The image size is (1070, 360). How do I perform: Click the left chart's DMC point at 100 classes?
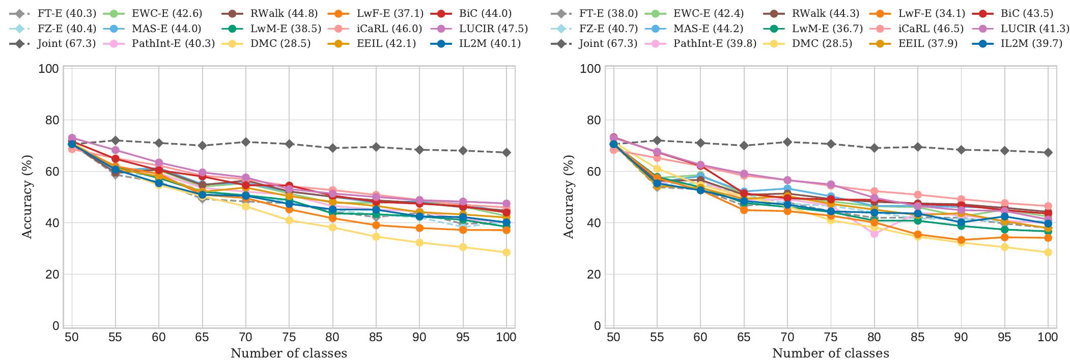[506, 253]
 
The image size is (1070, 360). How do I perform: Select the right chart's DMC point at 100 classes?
[1048, 253]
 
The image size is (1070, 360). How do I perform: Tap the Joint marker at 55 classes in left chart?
[115, 141]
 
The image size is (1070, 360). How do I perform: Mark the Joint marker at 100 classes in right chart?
[1048, 153]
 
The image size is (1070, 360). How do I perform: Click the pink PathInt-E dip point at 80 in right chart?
[874, 233]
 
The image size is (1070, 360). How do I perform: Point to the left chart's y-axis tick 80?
[52, 120]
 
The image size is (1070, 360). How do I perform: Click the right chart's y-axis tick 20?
[594, 274]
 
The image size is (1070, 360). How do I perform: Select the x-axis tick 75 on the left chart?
[289, 337]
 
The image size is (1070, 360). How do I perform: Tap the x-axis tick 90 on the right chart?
[961, 337]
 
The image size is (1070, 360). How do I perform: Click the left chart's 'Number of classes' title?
[289, 353]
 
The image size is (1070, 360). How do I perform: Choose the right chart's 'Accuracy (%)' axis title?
[569, 198]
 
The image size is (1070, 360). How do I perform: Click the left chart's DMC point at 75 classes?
[289, 220]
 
